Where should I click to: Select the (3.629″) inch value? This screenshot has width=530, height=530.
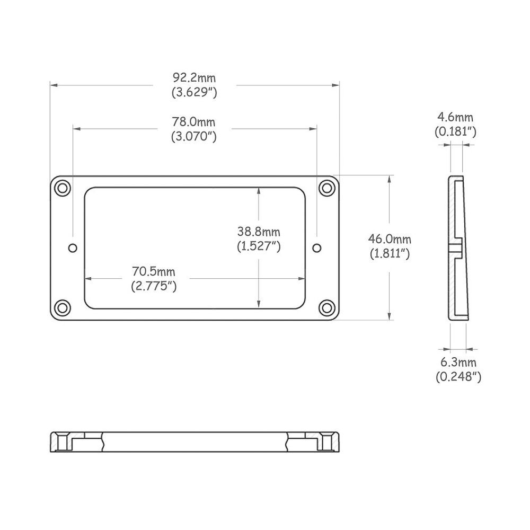194,93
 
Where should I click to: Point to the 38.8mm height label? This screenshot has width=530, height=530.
259,232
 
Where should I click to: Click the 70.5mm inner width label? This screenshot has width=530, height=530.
153,272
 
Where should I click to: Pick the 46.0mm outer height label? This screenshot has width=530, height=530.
390,240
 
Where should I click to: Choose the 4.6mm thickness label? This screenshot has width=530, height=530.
455,117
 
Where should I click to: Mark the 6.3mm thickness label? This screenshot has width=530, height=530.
458,363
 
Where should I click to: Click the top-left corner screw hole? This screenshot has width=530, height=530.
63,187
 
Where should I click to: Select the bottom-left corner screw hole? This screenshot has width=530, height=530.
63,307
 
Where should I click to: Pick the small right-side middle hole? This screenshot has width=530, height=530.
317,248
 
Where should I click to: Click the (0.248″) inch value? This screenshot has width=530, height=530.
458,377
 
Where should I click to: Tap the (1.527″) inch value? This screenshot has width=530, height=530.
259,246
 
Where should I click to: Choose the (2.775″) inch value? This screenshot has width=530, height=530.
153,286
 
